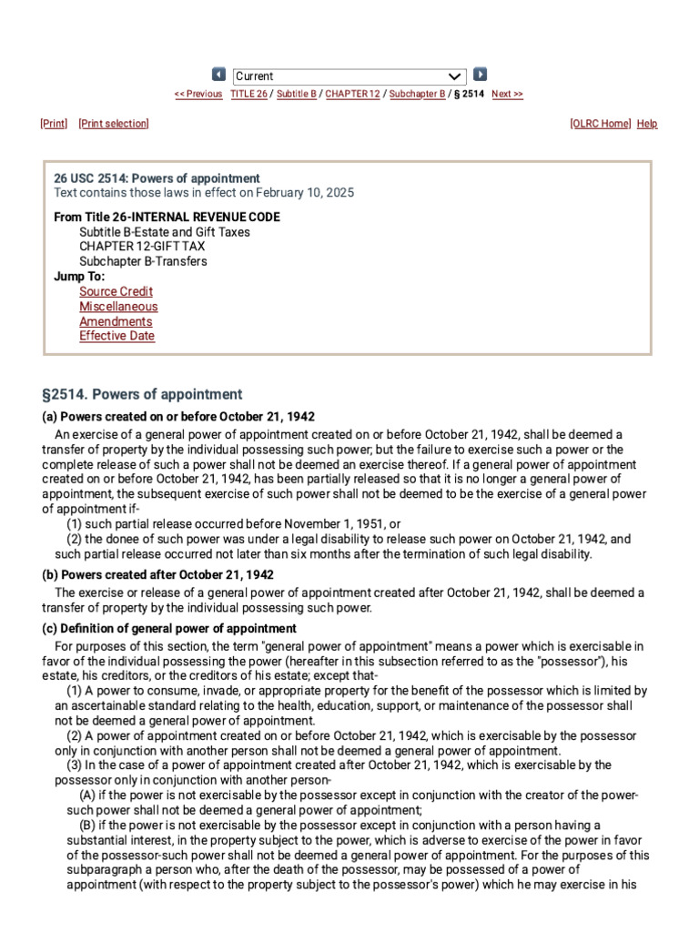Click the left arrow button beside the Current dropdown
pos(218,75)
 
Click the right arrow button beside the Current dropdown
pos(481,75)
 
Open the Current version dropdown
pos(349,76)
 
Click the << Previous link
pos(198,94)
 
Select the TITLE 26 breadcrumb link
pos(248,94)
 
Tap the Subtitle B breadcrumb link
pos(297,94)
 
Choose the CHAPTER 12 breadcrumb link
pos(352,94)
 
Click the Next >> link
pos(507,94)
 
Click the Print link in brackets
pos(54,124)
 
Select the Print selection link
pos(114,124)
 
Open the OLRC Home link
pos(601,124)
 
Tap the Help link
pos(647,124)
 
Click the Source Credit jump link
pos(116,292)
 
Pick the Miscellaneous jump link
pos(118,307)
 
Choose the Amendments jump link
pos(116,321)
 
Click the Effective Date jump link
pos(116,336)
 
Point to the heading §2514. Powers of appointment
pos(142,395)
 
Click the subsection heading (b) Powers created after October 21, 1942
pos(158,575)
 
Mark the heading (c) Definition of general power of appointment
pos(169,629)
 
